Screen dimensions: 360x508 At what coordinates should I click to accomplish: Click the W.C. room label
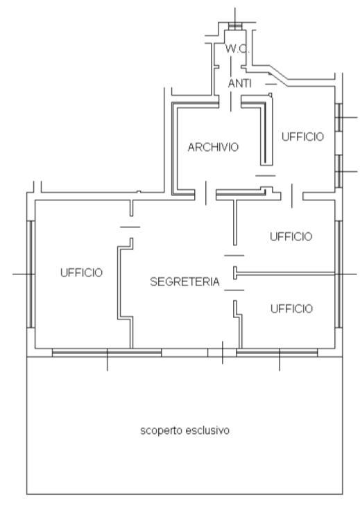coord(237,49)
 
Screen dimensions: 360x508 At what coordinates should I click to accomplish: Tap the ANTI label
coord(240,84)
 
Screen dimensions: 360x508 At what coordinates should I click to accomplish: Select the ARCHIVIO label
coord(213,147)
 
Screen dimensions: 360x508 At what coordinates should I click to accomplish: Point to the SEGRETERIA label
coord(185,281)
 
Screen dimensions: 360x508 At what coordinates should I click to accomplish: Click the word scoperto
coord(160,431)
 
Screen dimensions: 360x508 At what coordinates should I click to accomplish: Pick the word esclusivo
coord(207,430)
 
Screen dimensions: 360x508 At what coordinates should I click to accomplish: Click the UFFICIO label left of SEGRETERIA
coord(81,272)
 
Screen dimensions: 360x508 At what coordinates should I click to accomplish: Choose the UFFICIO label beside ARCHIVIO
coord(302,137)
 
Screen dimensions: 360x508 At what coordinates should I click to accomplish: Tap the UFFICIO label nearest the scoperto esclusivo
coord(291,308)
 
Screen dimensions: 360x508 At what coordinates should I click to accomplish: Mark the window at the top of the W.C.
coord(235,26)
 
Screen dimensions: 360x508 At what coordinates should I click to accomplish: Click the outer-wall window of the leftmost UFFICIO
coord(31,274)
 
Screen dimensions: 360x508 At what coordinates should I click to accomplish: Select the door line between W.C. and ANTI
coord(231,67)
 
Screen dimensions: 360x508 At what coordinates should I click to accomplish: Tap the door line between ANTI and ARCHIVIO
coord(231,101)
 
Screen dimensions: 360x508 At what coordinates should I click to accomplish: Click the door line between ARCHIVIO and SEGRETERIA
coord(206,193)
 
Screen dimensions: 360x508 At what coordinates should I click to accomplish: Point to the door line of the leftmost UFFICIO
coord(130,227)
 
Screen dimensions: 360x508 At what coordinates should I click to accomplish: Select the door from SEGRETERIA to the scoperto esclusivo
coord(222,353)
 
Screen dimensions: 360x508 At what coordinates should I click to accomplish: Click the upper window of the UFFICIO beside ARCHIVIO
coord(338,117)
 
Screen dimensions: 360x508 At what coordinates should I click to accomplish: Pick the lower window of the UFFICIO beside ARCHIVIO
coord(338,171)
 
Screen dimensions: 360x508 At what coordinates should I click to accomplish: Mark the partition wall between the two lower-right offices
coord(284,274)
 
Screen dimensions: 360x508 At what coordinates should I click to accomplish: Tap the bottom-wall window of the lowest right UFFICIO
coord(277,353)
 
